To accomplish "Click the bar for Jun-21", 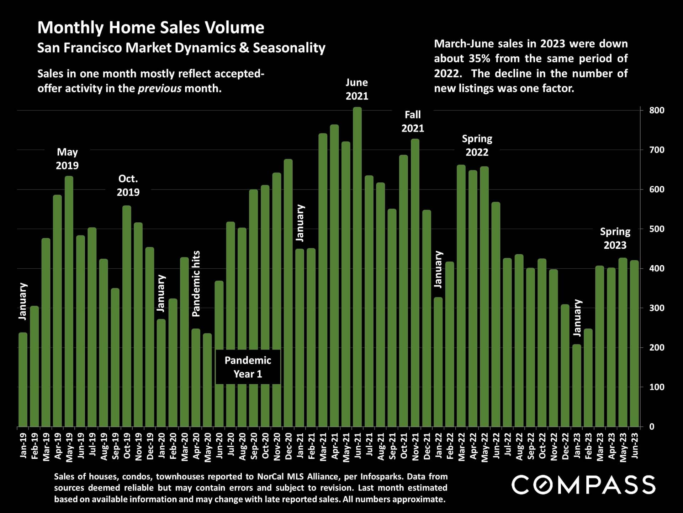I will coord(357,267).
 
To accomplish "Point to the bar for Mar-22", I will coord(461,296).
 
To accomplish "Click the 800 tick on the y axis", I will coord(657,110).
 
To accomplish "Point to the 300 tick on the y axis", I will coord(657,308).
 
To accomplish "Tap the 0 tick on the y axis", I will coord(652,427).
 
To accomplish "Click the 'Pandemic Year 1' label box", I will coord(248,367).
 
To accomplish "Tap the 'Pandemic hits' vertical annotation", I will coord(196,284).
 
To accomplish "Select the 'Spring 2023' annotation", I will coord(615,238).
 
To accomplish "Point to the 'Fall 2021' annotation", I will coord(413,121).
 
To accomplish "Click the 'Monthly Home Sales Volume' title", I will coord(151,28).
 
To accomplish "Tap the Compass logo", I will coord(583,485).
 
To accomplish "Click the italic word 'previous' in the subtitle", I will coord(160,88).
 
